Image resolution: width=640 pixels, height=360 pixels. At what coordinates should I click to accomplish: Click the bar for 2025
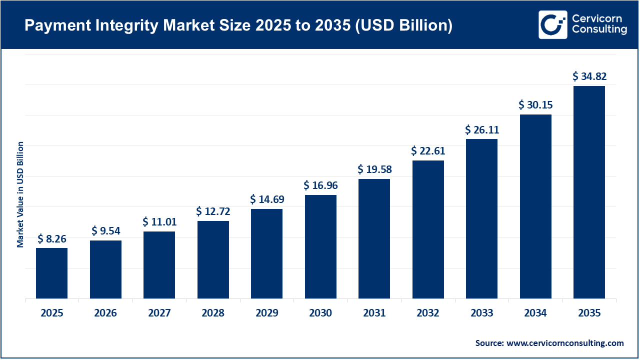tap(51, 273)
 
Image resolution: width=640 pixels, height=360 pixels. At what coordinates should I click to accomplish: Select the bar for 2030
tap(320, 246)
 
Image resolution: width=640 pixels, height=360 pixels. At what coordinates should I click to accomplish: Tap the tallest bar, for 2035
tap(589, 192)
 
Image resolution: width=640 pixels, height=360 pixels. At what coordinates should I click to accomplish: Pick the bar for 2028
tap(213, 259)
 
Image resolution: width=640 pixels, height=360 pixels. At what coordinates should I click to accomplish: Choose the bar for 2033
tap(481, 218)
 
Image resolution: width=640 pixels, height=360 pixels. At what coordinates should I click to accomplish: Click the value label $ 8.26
tap(51, 239)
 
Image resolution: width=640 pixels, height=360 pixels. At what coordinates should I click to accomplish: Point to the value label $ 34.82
tap(589, 76)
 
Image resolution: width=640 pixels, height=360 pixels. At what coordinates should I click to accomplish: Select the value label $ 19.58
tap(374, 169)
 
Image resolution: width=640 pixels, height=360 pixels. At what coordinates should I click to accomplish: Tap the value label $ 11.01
tap(159, 221)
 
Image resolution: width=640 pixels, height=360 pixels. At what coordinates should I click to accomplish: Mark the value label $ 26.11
tap(481, 130)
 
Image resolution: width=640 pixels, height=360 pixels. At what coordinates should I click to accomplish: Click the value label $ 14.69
tap(267, 199)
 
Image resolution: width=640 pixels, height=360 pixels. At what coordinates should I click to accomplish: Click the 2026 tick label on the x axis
tap(105, 313)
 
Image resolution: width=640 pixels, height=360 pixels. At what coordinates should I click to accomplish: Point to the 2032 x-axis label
tap(428, 313)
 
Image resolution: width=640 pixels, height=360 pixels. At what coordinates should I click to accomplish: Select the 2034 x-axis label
tap(535, 313)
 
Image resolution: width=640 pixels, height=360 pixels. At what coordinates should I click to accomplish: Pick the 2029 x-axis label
tap(267, 313)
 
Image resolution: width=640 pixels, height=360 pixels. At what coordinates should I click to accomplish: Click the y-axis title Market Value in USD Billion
tap(20, 194)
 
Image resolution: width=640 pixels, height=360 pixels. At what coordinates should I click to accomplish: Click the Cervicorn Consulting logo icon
tap(552, 24)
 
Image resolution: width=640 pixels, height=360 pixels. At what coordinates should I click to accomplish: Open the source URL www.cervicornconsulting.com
tap(565, 343)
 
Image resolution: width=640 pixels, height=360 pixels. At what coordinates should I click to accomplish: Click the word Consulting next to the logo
tap(599, 30)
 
